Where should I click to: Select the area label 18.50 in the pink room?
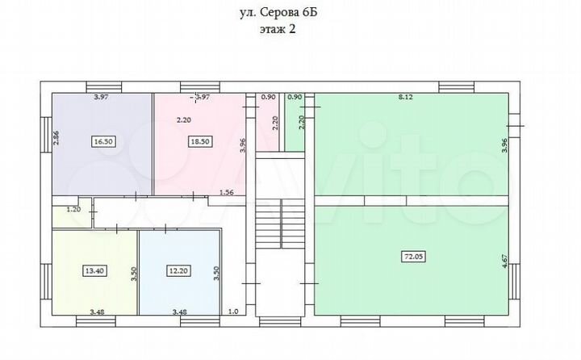[x=198, y=141]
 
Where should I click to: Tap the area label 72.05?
[x=412, y=257]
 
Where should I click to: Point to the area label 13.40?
[x=94, y=272]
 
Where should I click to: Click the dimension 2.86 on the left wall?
[x=56, y=137]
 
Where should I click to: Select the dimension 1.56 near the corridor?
[x=227, y=192]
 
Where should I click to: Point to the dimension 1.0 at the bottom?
[x=234, y=311]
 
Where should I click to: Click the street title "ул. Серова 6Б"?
[x=290, y=13]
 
